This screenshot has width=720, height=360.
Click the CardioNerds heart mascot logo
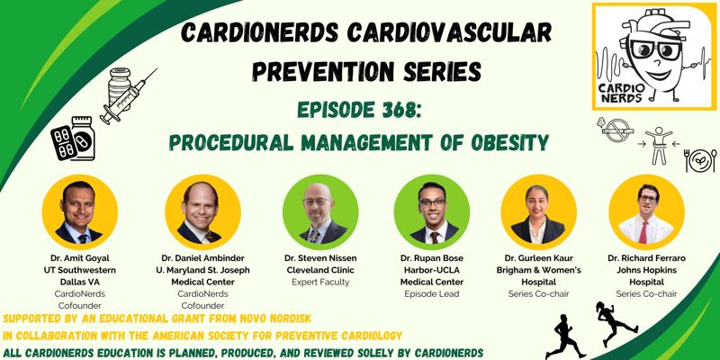(654, 57)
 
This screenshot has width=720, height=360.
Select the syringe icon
(129, 96)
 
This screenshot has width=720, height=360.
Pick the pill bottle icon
(83, 138)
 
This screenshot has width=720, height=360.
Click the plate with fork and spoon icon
(701, 160)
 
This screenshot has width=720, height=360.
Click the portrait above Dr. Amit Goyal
(80, 211)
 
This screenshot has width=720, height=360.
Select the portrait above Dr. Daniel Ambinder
(203, 211)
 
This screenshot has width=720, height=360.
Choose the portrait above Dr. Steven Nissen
(320, 211)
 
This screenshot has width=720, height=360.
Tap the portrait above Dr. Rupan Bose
(432, 211)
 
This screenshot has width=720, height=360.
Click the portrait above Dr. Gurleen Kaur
(538, 211)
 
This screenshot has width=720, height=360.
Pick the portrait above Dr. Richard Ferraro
(646, 211)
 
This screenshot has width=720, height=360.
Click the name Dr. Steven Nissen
(320, 258)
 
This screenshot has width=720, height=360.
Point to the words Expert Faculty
(320, 283)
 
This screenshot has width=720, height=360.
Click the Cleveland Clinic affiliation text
(320, 271)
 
